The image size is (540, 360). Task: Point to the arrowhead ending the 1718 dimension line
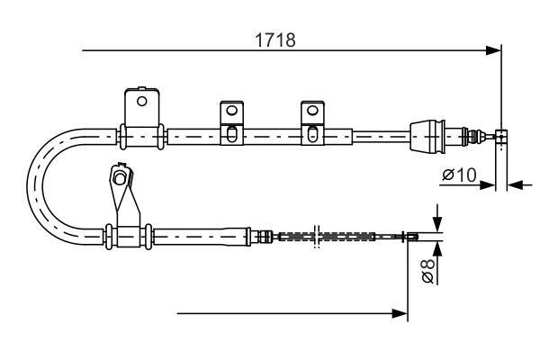(493, 51)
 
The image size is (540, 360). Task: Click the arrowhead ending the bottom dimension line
(402, 313)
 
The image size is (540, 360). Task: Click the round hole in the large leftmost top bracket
(141, 101)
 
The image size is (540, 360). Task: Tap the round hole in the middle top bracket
(231, 111)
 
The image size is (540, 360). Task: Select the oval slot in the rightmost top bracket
(311, 135)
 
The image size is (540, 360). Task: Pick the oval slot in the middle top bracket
(231, 135)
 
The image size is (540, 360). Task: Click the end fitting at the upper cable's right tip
(502, 136)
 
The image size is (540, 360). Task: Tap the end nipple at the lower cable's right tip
(412, 238)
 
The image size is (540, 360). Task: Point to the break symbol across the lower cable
(315, 238)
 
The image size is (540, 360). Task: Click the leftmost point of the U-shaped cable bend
(31, 184)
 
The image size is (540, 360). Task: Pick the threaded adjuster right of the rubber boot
(469, 137)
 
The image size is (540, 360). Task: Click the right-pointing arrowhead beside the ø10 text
(490, 185)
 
